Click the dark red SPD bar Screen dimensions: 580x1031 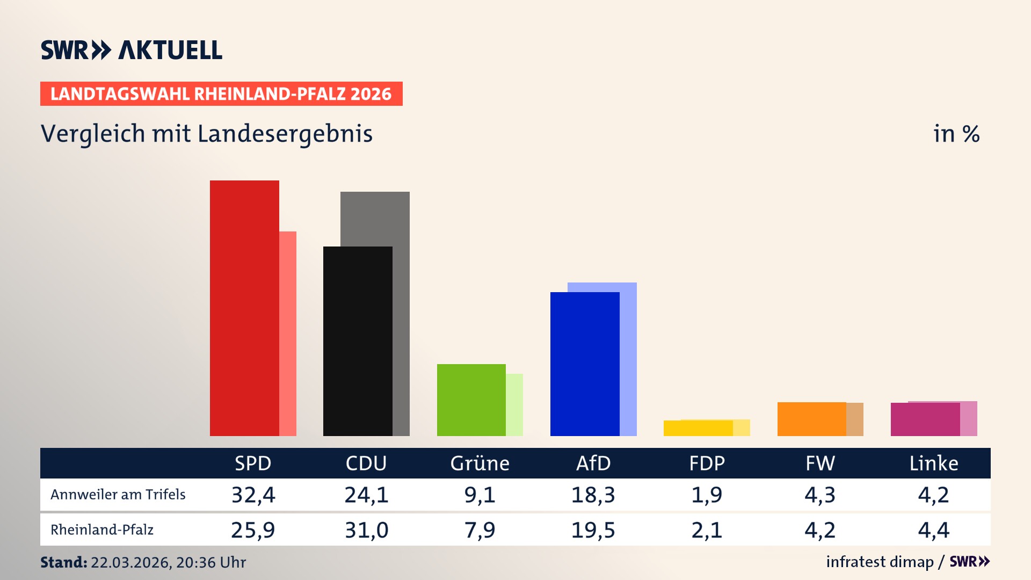pos(244,308)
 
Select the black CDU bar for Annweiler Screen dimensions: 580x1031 pos(358,341)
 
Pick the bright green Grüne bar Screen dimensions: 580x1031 pos(471,400)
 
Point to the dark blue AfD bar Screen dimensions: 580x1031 pos(585,364)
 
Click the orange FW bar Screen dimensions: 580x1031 pos(811,419)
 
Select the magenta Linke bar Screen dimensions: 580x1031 pos(925,419)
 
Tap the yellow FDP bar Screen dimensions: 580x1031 pos(698,428)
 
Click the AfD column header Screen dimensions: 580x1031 pos(593,463)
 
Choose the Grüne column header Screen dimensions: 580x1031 pos(480,463)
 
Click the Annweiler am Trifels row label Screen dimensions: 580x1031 pos(118,495)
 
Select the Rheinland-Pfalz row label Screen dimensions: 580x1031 pos(102,530)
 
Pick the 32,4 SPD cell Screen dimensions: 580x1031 pos(253,495)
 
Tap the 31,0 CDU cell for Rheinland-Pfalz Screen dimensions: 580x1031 pos(366,530)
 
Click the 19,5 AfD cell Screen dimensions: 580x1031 pos(593,530)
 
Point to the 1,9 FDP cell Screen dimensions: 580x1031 pos(707,495)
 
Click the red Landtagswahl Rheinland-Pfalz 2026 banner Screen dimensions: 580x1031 pos(221,93)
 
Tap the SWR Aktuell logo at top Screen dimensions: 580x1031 pos(132,50)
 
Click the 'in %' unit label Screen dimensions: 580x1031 pos(956,134)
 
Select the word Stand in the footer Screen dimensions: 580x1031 pos(63,562)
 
